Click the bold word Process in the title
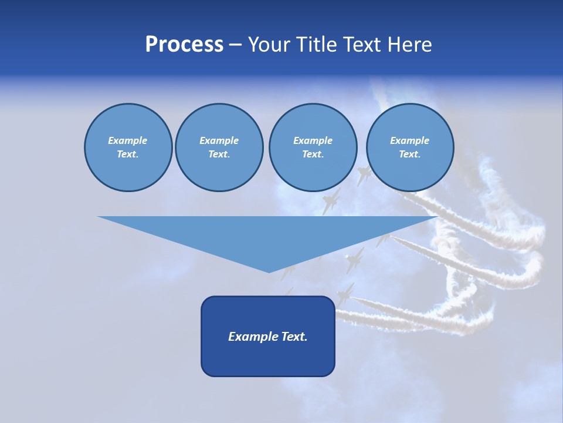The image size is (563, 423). [184, 45]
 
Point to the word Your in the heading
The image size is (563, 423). [269, 45]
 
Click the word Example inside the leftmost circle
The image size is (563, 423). [128, 140]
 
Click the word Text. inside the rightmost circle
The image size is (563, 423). [409, 155]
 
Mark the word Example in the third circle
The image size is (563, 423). [313, 140]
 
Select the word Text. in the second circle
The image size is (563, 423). [219, 155]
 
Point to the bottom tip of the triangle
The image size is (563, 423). [269, 271]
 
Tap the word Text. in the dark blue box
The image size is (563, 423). [294, 337]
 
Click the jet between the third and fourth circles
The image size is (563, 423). [364, 175]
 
